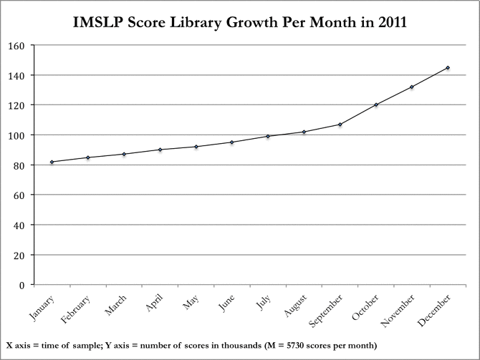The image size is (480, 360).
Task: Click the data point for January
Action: point(52,162)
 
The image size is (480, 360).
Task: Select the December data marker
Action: point(448,68)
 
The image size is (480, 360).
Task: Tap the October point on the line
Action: point(376,104)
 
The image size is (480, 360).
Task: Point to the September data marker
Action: point(340,125)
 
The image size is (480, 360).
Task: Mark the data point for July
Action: point(268,136)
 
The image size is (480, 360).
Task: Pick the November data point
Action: point(412,87)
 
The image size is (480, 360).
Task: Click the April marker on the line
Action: point(160,150)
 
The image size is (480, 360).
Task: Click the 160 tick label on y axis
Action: point(16,45)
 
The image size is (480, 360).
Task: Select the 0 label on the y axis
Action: point(22,285)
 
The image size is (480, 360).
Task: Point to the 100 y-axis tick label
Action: point(16,135)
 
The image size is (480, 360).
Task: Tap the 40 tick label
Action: point(19,225)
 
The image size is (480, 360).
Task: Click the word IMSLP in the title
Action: point(99,24)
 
